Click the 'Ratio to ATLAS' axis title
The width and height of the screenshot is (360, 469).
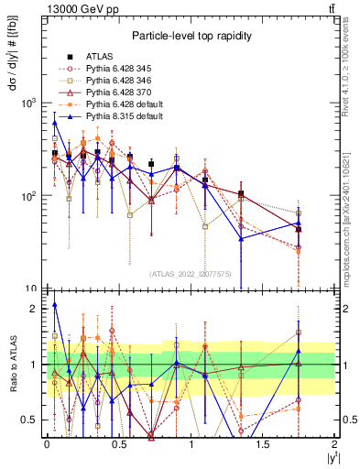pyautogui.click(x=13, y=364)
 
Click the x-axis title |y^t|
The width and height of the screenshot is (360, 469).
pyautogui.click(x=330, y=457)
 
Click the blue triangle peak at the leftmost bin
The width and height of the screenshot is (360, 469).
pyautogui.click(x=55, y=122)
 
